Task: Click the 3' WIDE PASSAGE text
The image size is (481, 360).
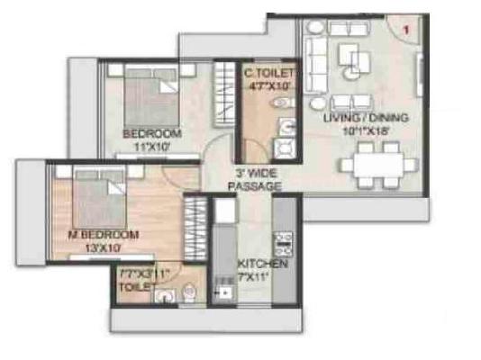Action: click(x=255, y=179)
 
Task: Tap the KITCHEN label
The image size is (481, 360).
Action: click(x=263, y=265)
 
